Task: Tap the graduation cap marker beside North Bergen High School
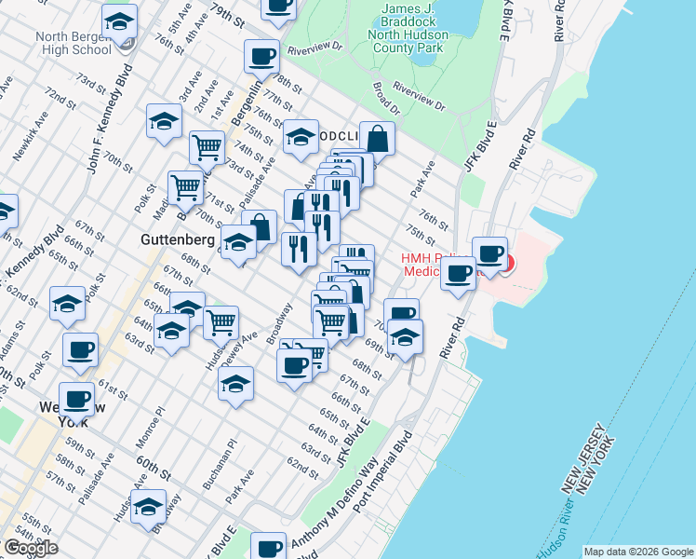(119, 21)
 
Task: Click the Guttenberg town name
(177, 239)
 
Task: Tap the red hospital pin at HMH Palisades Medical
(506, 262)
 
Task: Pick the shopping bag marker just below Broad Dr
(377, 140)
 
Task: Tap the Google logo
(30, 548)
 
